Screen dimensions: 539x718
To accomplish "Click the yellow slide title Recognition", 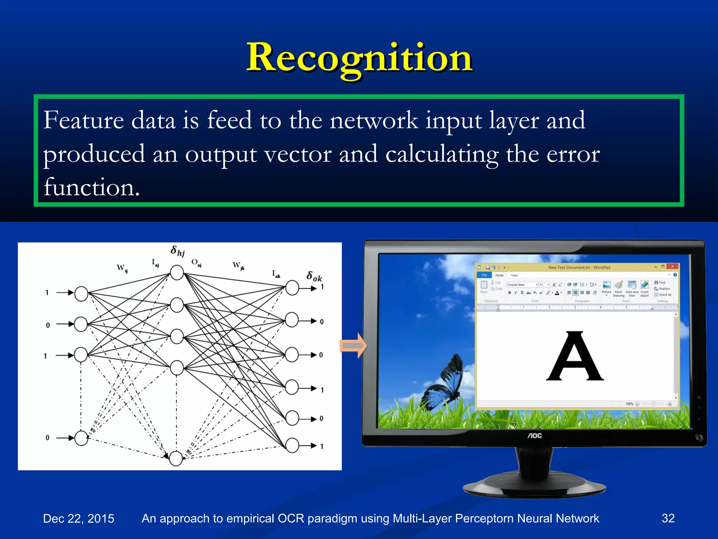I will point(359,58).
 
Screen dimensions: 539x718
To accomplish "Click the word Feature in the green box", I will point(83,120).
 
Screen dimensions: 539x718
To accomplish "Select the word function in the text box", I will point(91,187).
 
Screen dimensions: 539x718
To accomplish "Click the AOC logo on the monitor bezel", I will point(535,435).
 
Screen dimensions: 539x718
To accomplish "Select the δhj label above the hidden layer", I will point(177,251).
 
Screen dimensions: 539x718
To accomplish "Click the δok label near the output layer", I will point(314,277).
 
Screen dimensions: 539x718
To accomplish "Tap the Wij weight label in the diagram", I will point(122,268).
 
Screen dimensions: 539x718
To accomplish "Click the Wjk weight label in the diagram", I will point(238,266).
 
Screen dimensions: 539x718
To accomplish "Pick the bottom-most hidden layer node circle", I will point(176,458).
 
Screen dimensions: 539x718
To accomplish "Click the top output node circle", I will point(292,288).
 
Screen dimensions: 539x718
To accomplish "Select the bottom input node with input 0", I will point(81,438).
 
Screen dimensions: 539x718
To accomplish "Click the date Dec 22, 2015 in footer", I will point(79,518).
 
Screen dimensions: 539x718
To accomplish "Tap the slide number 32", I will point(668,518).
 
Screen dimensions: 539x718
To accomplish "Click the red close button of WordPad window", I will point(672,267).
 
